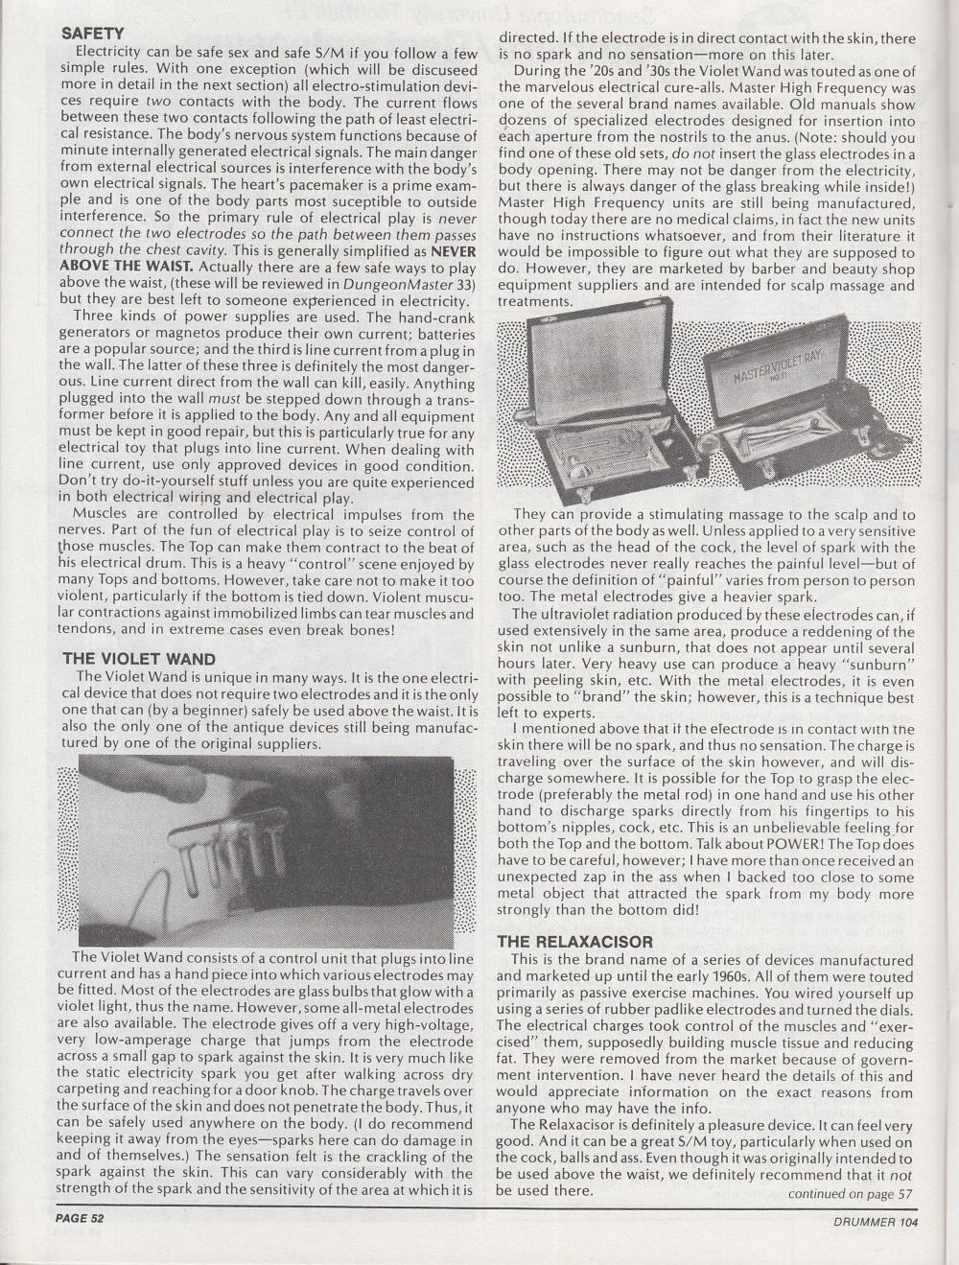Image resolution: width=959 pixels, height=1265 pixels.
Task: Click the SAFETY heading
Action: point(92,33)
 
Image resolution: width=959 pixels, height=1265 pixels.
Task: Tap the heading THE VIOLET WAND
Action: point(139,659)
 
